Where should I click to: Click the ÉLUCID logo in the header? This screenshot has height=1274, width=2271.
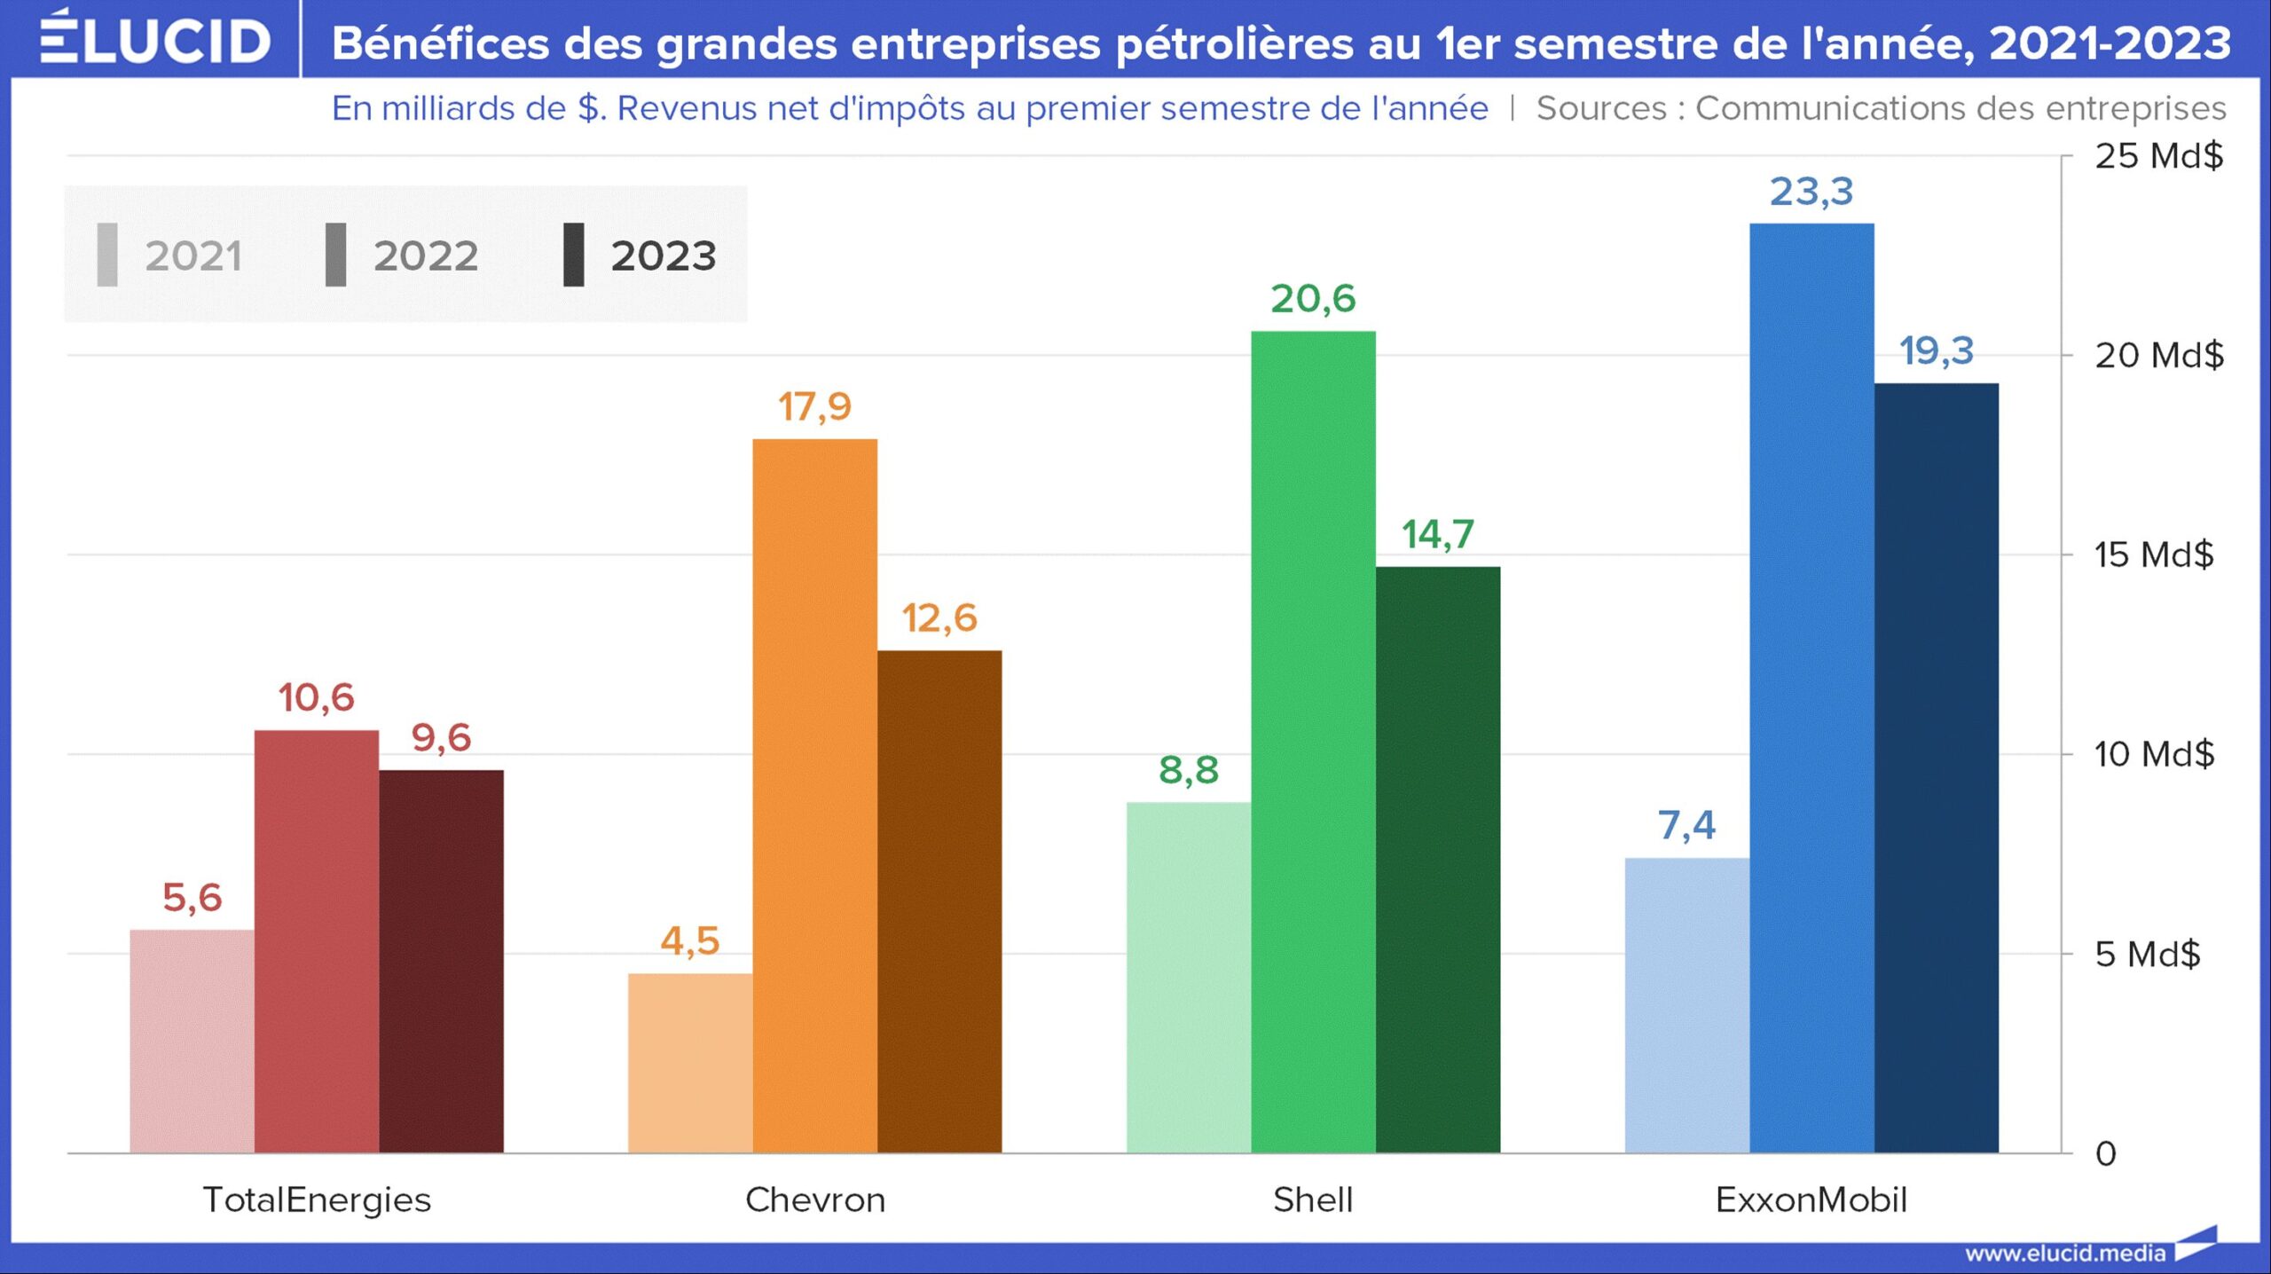pos(155,40)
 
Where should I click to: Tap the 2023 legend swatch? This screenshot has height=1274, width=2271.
pos(574,255)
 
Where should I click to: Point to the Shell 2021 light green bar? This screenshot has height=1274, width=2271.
pos(1189,976)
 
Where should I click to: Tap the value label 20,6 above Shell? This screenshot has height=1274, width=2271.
pos(1313,299)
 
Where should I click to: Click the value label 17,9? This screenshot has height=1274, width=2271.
pos(814,406)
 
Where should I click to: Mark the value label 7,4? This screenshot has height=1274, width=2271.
pos(1686,825)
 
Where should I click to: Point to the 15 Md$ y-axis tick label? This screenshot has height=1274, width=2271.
pos(2153,554)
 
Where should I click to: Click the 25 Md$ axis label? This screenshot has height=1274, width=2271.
pos(2158,156)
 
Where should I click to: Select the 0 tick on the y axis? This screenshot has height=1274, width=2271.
pos(2105,1153)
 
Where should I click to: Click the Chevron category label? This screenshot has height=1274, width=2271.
pos(814,1199)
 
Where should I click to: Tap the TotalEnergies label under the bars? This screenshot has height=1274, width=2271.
pos(317,1199)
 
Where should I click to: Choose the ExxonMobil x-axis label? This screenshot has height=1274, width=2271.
pos(1811,1199)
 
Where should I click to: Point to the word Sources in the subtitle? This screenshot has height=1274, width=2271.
pos(1600,108)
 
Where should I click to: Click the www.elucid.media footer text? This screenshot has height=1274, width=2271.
pos(2064,1253)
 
